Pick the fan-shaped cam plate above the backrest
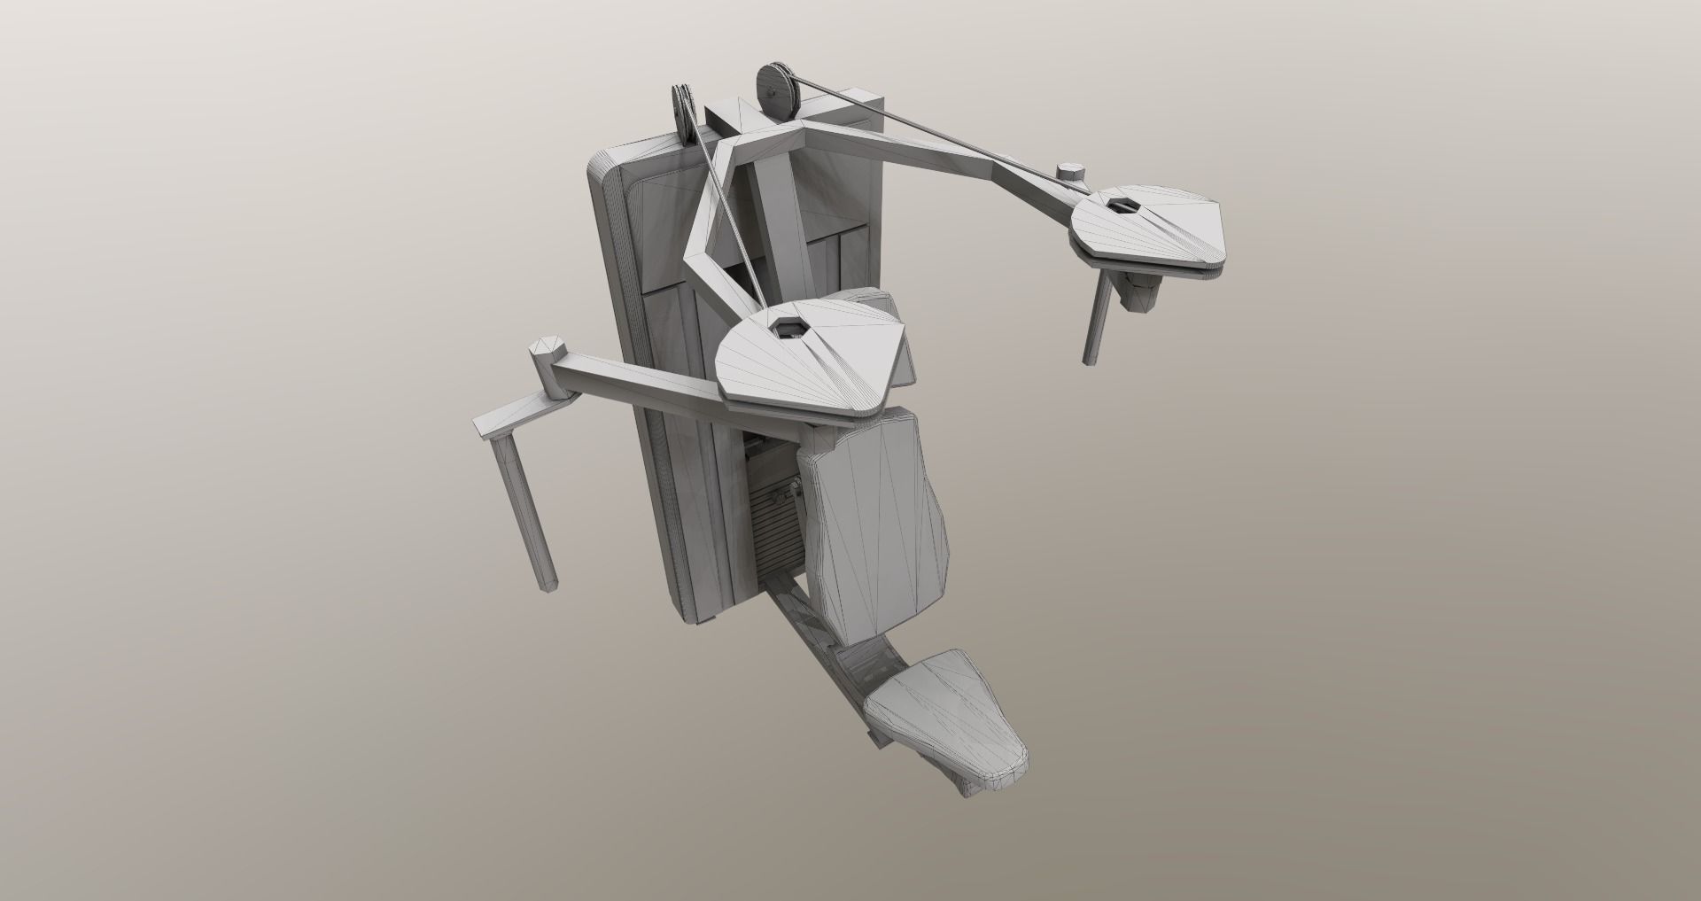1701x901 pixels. coord(811,354)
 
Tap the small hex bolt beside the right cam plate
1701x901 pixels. coord(1069,172)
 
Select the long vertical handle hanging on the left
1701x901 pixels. coord(524,505)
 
